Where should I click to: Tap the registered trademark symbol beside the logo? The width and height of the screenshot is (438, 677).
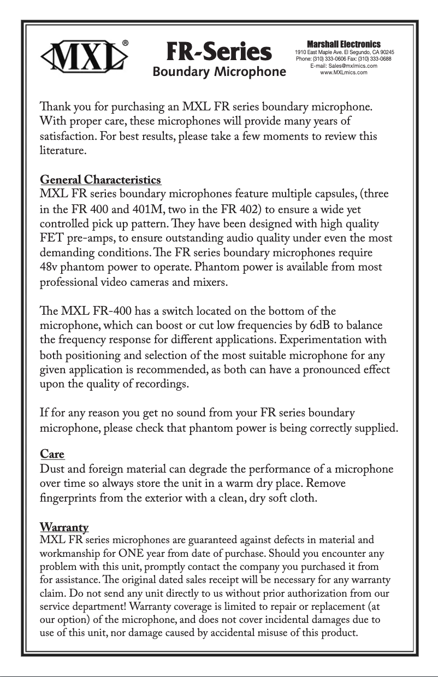[x=126, y=43]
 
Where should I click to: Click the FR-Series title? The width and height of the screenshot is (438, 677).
[x=218, y=52]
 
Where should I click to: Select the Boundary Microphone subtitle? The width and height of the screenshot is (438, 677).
[x=219, y=72]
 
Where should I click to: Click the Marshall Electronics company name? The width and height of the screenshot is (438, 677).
[x=344, y=44]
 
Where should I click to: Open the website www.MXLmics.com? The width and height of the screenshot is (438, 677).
[x=344, y=72]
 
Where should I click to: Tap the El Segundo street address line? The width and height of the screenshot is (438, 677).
[x=344, y=52]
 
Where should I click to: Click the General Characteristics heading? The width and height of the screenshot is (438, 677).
[x=100, y=180]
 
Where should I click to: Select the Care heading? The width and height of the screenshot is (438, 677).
[x=52, y=454]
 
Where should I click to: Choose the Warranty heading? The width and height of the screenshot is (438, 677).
[x=64, y=527]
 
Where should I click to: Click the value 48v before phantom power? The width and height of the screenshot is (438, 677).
[x=51, y=268]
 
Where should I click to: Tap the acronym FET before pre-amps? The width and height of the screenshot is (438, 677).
[x=52, y=239]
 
